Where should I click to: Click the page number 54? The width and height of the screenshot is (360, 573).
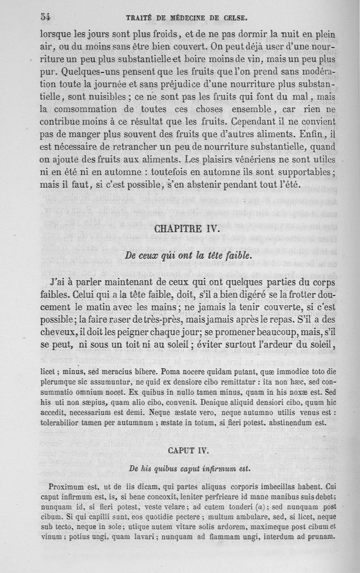coord(45,17)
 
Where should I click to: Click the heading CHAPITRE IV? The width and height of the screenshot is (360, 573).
coord(186,229)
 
